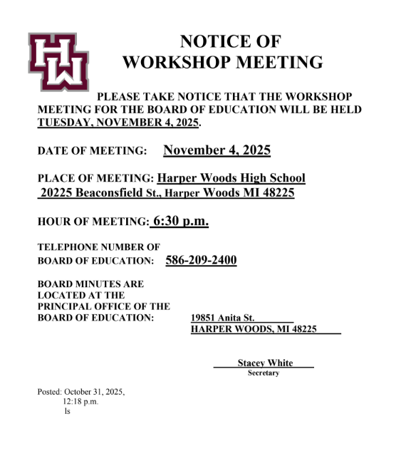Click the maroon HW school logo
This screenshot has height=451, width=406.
(58, 61)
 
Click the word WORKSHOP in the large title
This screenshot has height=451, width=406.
(179, 63)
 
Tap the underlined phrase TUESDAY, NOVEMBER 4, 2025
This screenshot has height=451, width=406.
(118, 123)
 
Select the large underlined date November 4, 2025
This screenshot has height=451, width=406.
(217, 150)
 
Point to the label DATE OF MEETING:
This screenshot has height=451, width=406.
(92, 151)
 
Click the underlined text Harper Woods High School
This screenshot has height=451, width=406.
(231, 178)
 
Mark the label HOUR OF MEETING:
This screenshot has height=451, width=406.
(93, 222)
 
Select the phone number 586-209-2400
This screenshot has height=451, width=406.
(201, 261)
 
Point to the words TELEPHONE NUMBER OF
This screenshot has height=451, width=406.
(93, 247)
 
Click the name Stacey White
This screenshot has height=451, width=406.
(265, 363)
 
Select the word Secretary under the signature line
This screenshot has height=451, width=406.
(264, 373)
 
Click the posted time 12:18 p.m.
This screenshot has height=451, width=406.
(80, 402)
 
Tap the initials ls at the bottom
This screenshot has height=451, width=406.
(67, 412)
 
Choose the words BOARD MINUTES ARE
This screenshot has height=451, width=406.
(90, 284)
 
